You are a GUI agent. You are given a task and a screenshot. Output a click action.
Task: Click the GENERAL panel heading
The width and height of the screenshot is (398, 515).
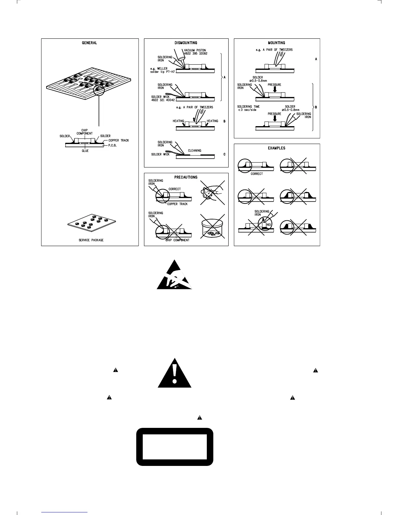(x=89, y=43)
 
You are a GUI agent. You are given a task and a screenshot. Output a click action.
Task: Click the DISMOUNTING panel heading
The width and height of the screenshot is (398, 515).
(x=186, y=43)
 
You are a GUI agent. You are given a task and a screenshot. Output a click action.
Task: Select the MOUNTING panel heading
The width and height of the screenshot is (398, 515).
(x=277, y=43)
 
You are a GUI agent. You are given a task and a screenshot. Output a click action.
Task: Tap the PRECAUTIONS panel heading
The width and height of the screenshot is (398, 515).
(x=186, y=177)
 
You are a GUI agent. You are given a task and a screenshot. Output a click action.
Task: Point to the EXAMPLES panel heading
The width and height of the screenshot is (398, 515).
(x=277, y=148)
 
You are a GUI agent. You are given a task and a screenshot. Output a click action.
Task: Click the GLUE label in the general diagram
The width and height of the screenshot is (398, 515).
(x=85, y=151)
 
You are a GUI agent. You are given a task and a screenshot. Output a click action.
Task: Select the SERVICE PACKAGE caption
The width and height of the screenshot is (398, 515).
(x=91, y=240)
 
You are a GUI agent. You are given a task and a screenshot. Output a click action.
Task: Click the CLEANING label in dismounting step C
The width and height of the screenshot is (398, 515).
(x=194, y=151)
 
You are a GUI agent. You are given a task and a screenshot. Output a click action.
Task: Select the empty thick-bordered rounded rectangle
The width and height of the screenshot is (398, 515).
(x=175, y=447)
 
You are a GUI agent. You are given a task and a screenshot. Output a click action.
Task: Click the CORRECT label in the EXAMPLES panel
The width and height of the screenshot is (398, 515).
(x=257, y=174)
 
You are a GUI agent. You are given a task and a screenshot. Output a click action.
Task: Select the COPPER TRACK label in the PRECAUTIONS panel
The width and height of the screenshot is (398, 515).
(x=178, y=204)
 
